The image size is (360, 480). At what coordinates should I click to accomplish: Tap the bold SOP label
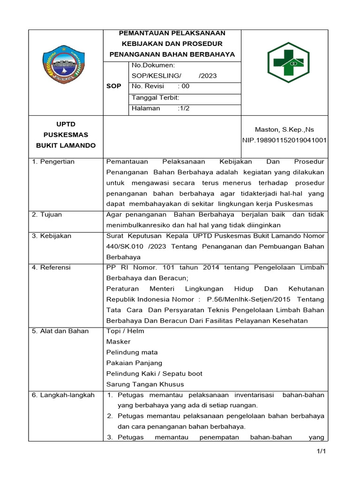pyautogui.click(x=114, y=87)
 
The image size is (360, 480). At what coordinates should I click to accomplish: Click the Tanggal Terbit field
pyautogui.click(x=155, y=97)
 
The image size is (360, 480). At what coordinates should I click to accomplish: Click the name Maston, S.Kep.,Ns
pyautogui.click(x=284, y=129)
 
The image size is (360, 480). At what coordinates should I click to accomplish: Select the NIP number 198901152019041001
pyautogui.click(x=284, y=140)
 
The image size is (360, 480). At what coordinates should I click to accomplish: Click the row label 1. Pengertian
pyautogui.click(x=53, y=162)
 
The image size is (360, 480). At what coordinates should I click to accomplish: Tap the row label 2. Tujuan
pyautogui.click(x=47, y=215)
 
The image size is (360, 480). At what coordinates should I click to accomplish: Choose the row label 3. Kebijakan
pyautogui.click(x=52, y=236)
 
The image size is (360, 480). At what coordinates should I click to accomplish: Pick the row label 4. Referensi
pyautogui.click(x=51, y=268)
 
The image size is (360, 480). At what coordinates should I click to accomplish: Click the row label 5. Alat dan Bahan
pyautogui.click(x=60, y=331)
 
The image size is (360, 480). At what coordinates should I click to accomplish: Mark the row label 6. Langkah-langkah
pyautogui.click(x=63, y=395)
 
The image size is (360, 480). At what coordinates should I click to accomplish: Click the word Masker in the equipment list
pyautogui.click(x=119, y=342)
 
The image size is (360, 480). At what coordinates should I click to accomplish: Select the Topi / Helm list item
pyautogui.click(x=125, y=331)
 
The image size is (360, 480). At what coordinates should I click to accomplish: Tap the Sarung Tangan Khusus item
pyautogui.click(x=145, y=384)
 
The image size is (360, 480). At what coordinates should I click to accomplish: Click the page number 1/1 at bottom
pyautogui.click(x=321, y=451)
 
